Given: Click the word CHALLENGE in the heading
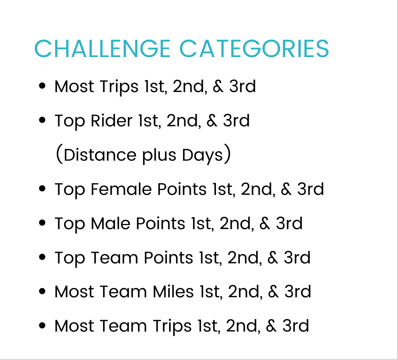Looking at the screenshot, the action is point(102,49).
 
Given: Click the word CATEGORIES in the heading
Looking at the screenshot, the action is point(254,49).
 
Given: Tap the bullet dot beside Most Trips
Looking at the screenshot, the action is point(42,86).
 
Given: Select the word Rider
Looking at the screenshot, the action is point(111,120).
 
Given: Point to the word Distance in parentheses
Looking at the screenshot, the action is point(100,155).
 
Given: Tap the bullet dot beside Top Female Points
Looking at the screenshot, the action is point(42,189).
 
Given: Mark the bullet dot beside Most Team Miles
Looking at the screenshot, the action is point(42,291).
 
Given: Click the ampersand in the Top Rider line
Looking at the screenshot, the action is point(212,120).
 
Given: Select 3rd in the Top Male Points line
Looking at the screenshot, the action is point(289,223).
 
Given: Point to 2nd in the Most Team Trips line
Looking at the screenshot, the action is point(243,326).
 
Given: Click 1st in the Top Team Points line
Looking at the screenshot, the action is point(211,258).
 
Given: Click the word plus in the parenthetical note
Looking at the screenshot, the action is point(159,155).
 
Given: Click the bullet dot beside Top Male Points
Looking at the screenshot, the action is point(42,223).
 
